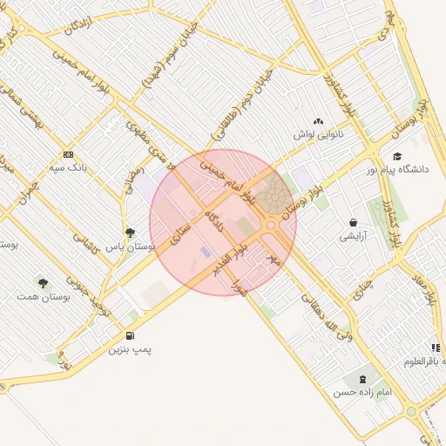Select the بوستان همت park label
coord(37,297)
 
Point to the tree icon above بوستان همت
coord(42,281)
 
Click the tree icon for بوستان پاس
coord(130,233)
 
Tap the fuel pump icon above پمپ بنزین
coord(131,334)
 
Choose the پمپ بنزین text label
coord(130,349)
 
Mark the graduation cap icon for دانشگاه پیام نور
coord(397,156)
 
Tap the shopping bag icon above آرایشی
coord(353,222)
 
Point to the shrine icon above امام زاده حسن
coord(359,378)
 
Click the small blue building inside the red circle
coord(206,252)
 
